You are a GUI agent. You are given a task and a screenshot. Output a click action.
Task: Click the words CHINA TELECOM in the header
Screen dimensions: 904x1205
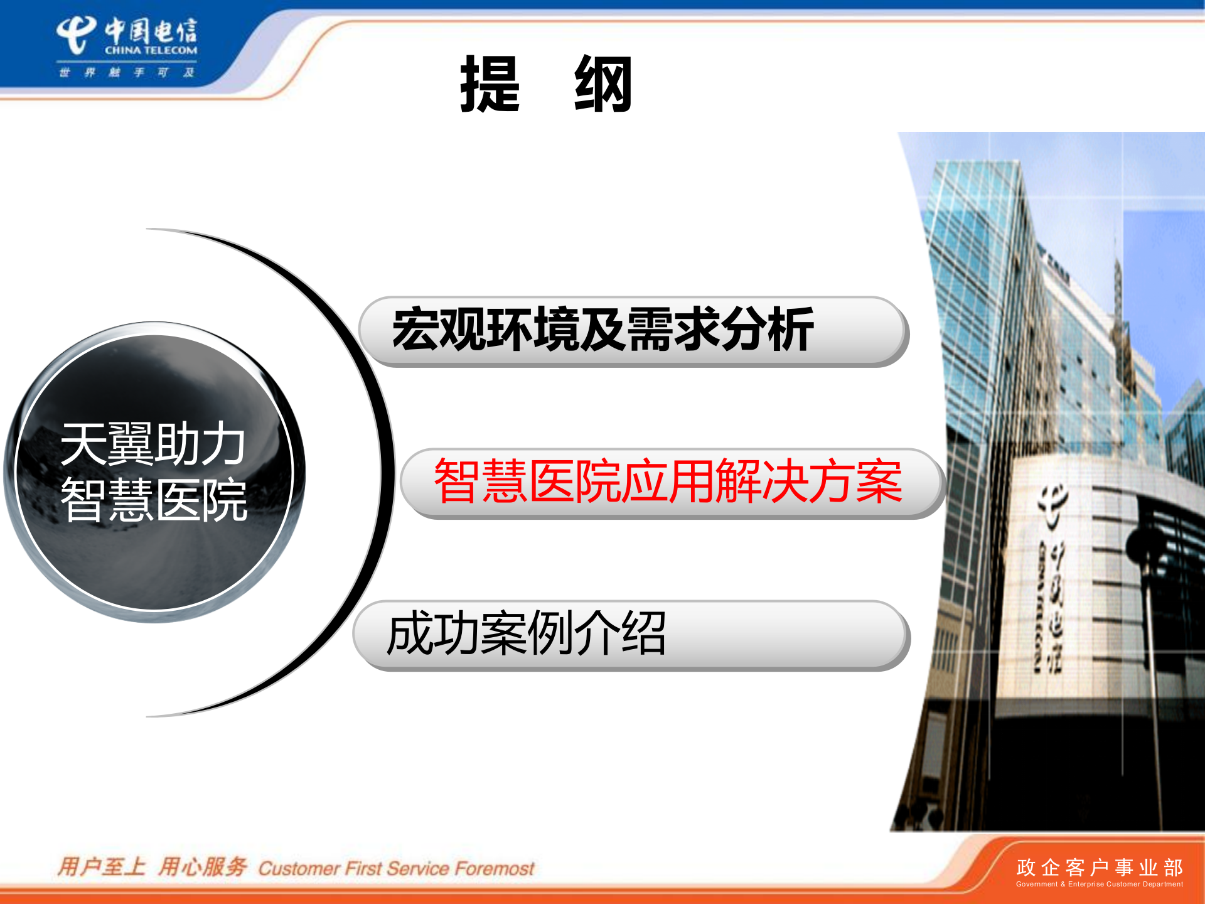[151, 50]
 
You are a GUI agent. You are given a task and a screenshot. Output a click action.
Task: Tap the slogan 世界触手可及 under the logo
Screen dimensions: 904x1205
[126, 72]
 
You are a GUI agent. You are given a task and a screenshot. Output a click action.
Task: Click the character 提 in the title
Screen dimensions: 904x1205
[490, 84]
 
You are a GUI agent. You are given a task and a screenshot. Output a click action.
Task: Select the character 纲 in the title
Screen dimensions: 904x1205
[603, 84]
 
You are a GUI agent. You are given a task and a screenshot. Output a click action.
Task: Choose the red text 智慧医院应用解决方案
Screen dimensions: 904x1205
[668, 482]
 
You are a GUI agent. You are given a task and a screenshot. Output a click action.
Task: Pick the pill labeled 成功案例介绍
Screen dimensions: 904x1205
[631, 635]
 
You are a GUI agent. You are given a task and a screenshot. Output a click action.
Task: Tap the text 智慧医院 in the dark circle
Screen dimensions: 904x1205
[154, 500]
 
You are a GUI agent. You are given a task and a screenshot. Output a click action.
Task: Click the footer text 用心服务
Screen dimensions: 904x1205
[202, 867]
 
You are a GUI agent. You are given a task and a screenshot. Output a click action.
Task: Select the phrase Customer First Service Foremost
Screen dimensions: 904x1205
[396, 868]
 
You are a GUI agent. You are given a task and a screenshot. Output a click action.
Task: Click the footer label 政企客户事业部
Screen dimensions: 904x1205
[1099, 867]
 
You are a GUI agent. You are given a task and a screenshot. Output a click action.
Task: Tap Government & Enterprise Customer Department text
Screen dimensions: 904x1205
[1099, 884]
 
